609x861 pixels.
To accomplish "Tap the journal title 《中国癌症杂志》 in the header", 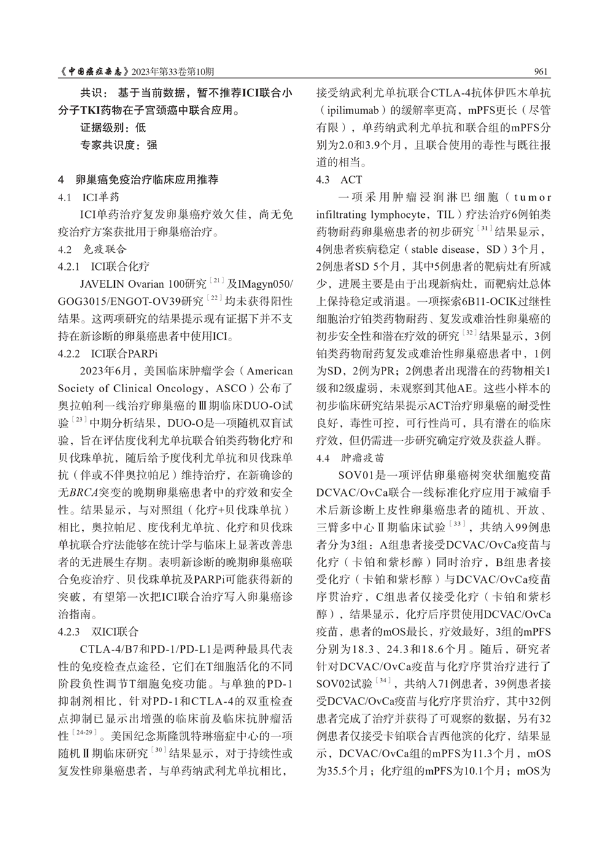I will click(95, 71).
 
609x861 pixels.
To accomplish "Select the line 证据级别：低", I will click(113, 128).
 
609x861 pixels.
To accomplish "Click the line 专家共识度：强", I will click(118, 145).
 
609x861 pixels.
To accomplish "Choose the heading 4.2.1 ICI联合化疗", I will click(103, 266).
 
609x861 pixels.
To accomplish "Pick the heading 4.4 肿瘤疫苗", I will click(347, 458).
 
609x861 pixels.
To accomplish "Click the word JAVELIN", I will click(102, 284).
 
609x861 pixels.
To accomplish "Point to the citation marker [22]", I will click(214, 299).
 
